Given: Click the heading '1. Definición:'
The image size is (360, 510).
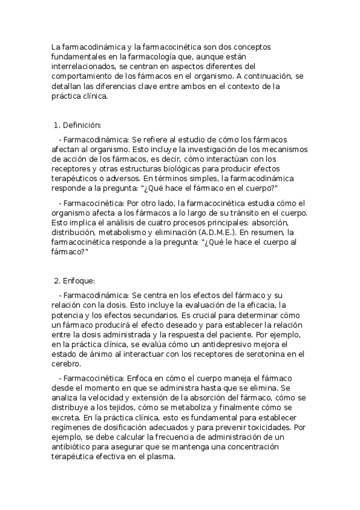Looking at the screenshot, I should (x=78, y=125).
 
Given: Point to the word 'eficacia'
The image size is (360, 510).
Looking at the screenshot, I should (x=253, y=306).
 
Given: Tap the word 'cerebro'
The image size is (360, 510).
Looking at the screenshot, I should (x=66, y=364).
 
